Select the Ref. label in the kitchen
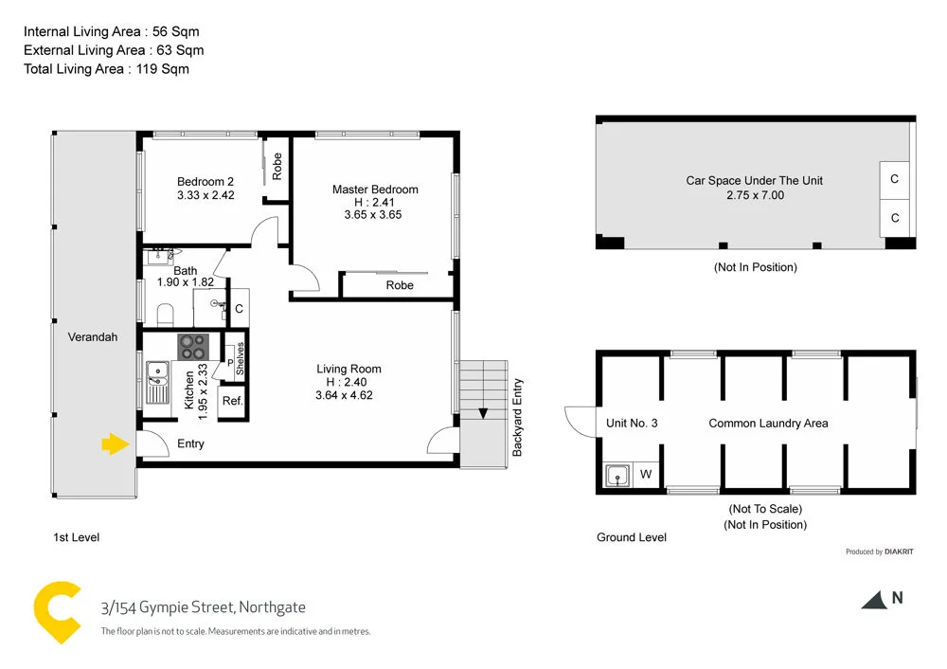point(232,401)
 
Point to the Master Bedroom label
point(374,190)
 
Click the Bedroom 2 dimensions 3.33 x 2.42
point(205,196)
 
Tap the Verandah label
point(93,336)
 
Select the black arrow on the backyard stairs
point(484,412)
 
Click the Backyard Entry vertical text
point(518,418)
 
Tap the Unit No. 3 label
point(632,423)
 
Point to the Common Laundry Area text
point(768,423)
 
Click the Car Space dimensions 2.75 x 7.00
point(755,195)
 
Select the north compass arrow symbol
point(872,599)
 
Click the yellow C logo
point(56,612)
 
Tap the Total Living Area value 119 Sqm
point(162,68)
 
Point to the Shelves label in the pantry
point(240,359)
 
